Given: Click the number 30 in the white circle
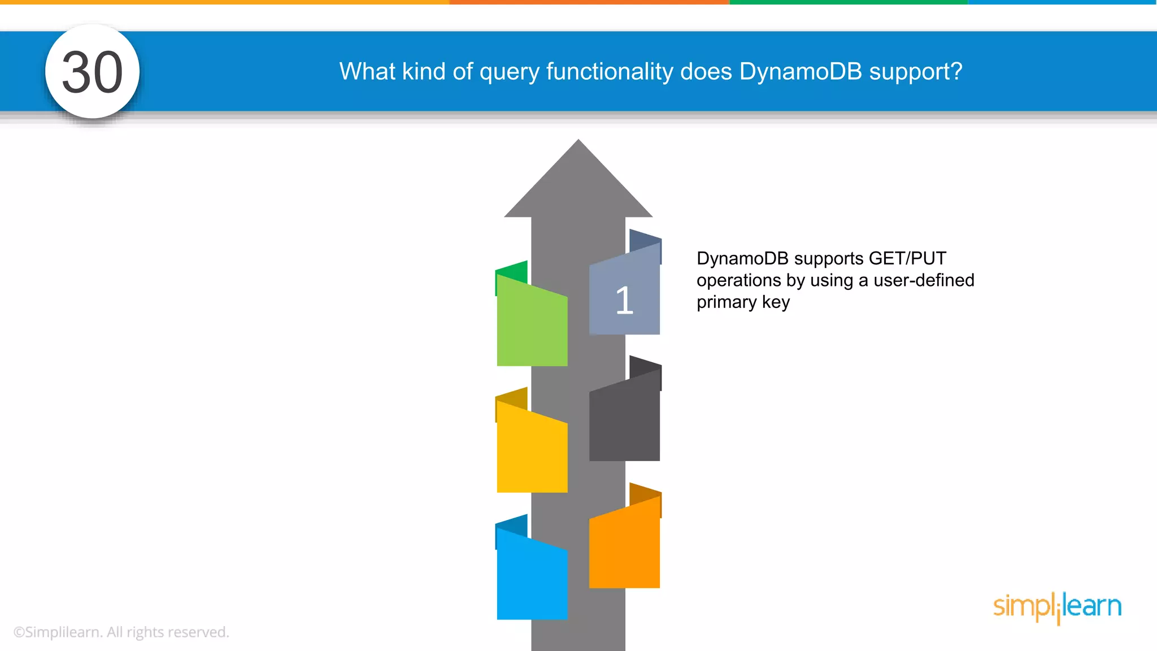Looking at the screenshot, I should pos(92,72).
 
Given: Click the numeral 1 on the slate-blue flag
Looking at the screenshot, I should pos(624,300).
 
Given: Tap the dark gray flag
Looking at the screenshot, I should pos(624,421).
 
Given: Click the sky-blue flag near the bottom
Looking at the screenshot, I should pos(532,579).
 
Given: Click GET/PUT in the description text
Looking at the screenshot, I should pos(907,258).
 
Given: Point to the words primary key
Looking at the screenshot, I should pos(743,302).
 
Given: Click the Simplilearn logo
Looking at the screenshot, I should pos(1057,607).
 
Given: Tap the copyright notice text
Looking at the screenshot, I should pos(121,632).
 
